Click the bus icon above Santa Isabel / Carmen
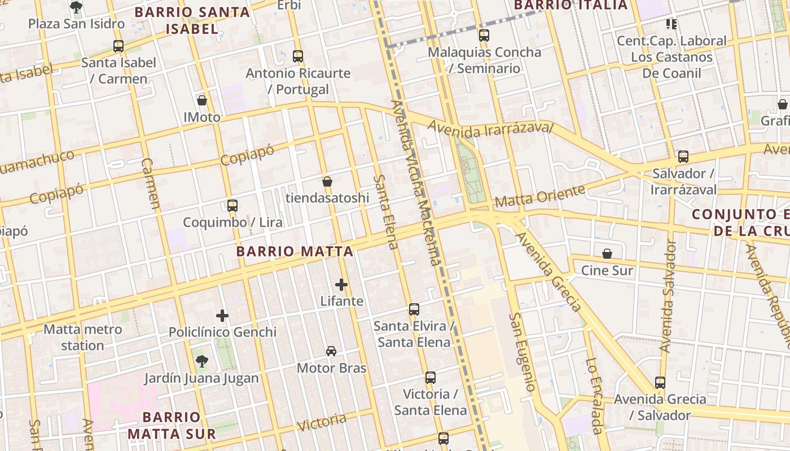118,46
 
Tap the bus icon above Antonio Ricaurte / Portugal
298,56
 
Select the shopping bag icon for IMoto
202,101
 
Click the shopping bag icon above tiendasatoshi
327,182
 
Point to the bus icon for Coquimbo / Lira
232,206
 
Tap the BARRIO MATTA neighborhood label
295,251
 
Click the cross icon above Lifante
341,285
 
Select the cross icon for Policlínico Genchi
222,316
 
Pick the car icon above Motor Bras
331,351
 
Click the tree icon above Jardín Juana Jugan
201,361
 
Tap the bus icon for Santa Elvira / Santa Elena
414,309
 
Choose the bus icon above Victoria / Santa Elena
431,378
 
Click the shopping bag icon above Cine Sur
607,254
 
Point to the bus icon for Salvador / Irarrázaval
683,157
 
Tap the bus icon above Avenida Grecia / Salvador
660,383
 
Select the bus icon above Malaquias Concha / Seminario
484,36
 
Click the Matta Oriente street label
539,196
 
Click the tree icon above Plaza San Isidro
76,7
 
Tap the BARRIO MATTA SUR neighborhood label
172,425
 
